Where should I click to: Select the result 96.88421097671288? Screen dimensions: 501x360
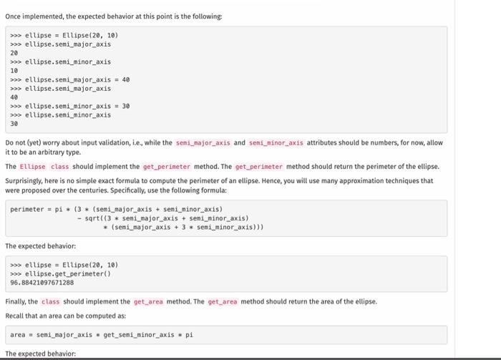(42, 283)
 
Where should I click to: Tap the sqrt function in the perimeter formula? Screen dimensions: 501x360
(95, 218)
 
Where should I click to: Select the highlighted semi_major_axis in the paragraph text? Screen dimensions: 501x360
(203, 142)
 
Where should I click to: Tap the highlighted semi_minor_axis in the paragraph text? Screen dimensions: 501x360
(276, 142)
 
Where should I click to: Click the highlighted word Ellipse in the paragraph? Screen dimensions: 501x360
(32, 167)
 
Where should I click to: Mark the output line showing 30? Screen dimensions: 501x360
(14, 123)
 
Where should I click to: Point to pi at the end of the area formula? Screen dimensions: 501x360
(189, 334)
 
